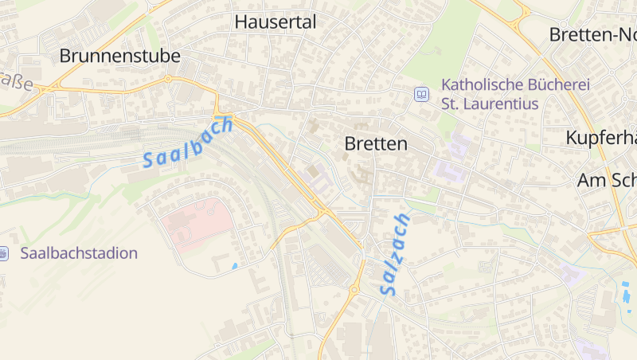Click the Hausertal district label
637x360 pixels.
pyautogui.click(x=276, y=22)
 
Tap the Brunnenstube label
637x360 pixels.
pyautogui.click(x=119, y=56)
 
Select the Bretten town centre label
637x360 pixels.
pyautogui.click(x=376, y=144)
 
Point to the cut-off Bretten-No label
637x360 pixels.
pyautogui.click(x=593, y=34)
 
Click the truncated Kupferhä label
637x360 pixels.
pyautogui.click(x=601, y=138)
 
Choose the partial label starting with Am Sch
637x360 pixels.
pyautogui.click(x=607, y=181)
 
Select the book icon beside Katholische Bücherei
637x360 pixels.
pyautogui.click(x=421, y=95)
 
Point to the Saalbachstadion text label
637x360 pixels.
pyautogui.click(x=79, y=253)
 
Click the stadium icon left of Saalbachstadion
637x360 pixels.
pyautogui.click(x=3, y=253)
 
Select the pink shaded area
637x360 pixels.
pyautogui.click(x=195, y=223)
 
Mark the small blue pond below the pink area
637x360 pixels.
pyautogui.click(x=233, y=265)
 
